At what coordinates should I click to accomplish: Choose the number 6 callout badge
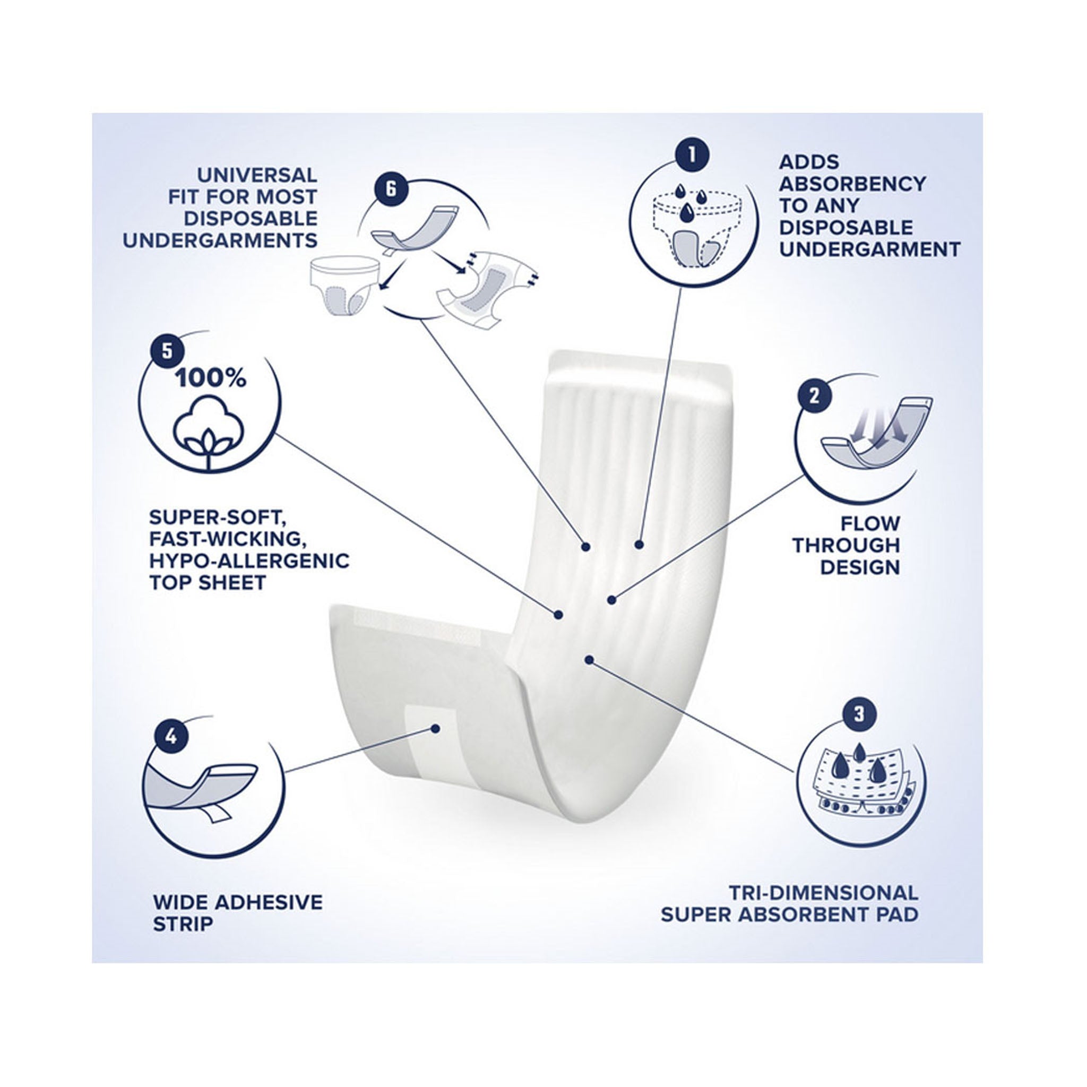391,188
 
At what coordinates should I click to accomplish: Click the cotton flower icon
209,433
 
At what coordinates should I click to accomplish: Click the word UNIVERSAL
257,175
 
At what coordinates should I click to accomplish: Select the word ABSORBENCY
852,184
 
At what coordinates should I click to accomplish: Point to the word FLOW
870,524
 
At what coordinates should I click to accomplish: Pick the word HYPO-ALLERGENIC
249,561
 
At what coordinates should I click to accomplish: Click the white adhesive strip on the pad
430,743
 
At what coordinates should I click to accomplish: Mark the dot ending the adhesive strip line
434,728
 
